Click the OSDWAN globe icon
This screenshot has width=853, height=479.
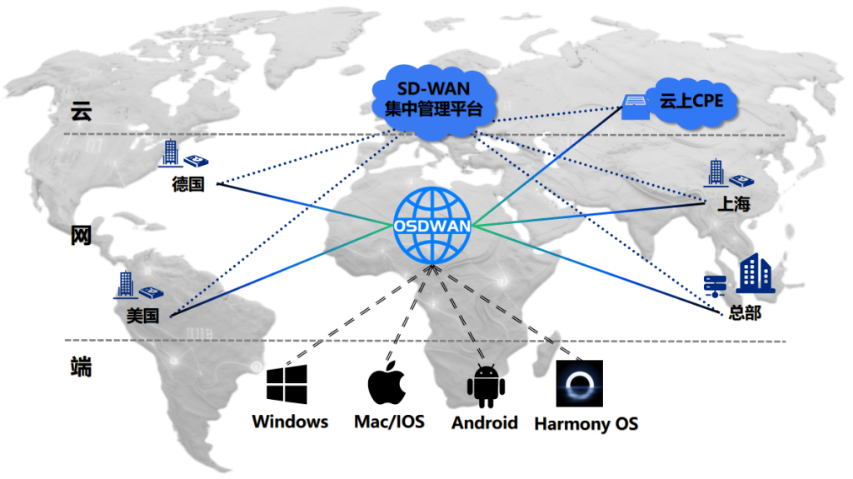coord(432,225)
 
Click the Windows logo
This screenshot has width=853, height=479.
coord(287,385)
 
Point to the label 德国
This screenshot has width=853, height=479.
coord(188,184)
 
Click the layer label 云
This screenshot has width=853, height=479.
coord(80,113)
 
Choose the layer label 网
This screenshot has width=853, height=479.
coord(80,237)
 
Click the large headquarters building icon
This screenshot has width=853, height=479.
coord(756,274)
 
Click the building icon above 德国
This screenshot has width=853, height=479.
coord(171,153)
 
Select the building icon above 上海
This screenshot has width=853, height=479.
coord(715,173)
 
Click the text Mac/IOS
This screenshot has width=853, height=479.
coord(389,422)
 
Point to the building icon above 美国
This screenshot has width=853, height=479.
coord(125,284)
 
